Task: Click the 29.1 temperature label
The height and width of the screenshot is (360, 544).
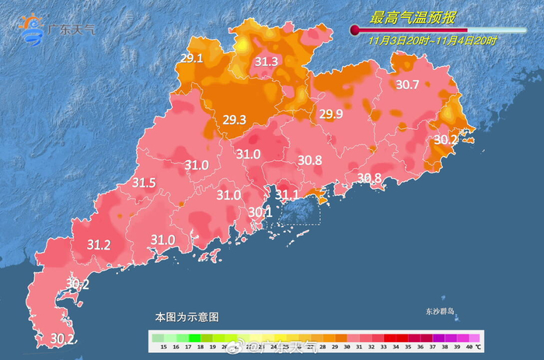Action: [x=191, y=58]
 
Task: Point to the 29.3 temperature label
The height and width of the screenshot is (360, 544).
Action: [x=234, y=119]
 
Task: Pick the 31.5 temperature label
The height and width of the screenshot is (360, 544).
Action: [x=144, y=183]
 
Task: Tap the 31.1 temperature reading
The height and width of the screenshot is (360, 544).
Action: [x=288, y=194]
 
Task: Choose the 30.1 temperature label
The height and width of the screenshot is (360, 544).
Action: [x=260, y=211]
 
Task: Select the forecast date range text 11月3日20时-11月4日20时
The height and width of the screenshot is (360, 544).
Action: [x=433, y=40]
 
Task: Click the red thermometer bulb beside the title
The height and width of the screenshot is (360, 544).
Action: [x=355, y=30]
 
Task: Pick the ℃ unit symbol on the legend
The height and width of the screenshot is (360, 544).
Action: [x=478, y=346]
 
